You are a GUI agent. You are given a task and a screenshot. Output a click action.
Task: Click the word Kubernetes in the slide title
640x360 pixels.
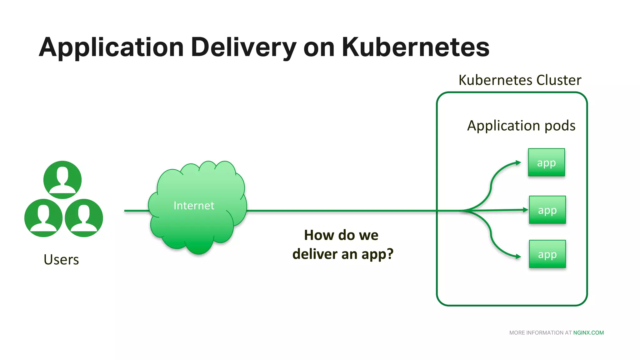(x=415, y=47)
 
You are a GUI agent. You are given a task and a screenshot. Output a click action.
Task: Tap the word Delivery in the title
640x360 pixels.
(x=243, y=48)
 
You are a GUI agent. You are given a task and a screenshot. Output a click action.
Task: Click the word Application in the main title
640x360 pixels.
(x=111, y=48)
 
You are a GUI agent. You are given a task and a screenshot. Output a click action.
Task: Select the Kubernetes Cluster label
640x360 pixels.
(x=520, y=80)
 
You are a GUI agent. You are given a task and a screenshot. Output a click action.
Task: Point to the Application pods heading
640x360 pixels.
(x=521, y=126)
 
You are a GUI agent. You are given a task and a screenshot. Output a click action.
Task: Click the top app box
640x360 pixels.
(x=546, y=162)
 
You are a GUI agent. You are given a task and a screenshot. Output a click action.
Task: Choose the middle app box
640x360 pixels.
(x=547, y=210)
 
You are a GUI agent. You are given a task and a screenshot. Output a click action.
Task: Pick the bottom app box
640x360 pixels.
(x=547, y=254)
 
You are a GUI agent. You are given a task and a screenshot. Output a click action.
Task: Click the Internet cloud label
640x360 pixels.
(x=194, y=206)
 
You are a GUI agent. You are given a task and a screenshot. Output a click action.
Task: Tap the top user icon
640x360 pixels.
(x=62, y=180)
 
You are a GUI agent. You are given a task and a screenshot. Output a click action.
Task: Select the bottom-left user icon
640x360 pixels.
(x=43, y=218)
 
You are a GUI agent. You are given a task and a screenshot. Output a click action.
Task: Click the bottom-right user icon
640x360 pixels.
(x=84, y=218)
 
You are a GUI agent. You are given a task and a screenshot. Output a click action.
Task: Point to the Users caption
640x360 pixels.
(x=61, y=260)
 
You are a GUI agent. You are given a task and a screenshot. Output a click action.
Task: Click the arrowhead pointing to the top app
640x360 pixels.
(x=518, y=162)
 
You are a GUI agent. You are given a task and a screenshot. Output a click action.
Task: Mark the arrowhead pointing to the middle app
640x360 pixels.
(x=526, y=210)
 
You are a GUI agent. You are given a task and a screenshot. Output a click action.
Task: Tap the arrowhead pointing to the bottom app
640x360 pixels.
(x=518, y=257)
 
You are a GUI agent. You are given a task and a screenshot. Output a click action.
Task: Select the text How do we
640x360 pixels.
(x=341, y=235)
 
